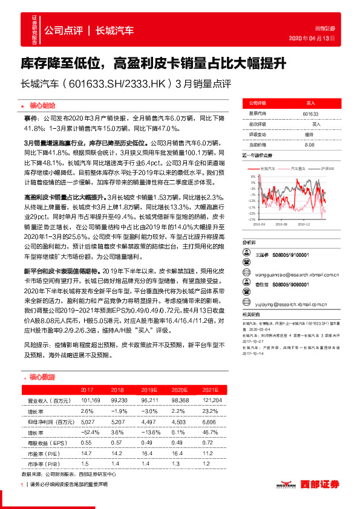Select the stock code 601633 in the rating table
310,114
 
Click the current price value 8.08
310,144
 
